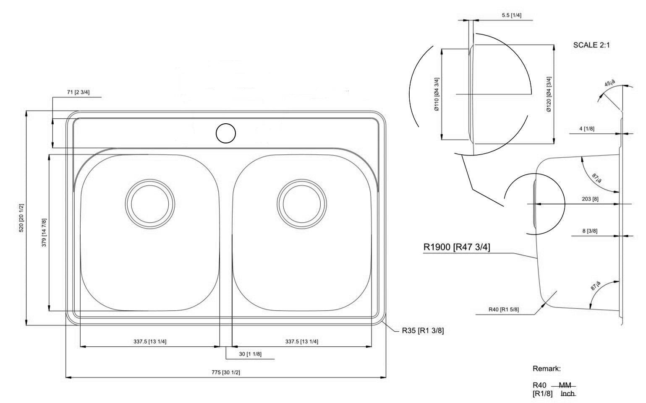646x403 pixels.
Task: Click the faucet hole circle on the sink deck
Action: pyautogui.click(x=226, y=133)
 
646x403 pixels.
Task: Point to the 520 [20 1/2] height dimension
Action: pyautogui.click(x=22, y=218)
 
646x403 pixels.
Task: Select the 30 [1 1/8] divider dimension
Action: pyautogui.click(x=250, y=354)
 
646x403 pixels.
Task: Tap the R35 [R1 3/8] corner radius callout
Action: pyautogui.click(x=422, y=330)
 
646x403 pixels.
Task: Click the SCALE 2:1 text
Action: pyautogui.click(x=591, y=45)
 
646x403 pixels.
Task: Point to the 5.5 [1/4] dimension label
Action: pyautogui.click(x=511, y=15)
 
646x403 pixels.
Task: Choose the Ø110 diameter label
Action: pyautogui.click(x=437, y=94)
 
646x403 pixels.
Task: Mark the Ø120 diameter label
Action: pyautogui.click(x=549, y=94)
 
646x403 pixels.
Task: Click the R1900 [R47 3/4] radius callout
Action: pyautogui.click(x=456, y=247)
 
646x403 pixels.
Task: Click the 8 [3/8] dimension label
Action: pyautogui.click(x=590, y=231)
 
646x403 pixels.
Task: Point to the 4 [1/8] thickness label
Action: pyautogui.click(x=586, y=129)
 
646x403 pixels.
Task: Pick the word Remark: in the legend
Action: pyautogui.click(x=547, y=369)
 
